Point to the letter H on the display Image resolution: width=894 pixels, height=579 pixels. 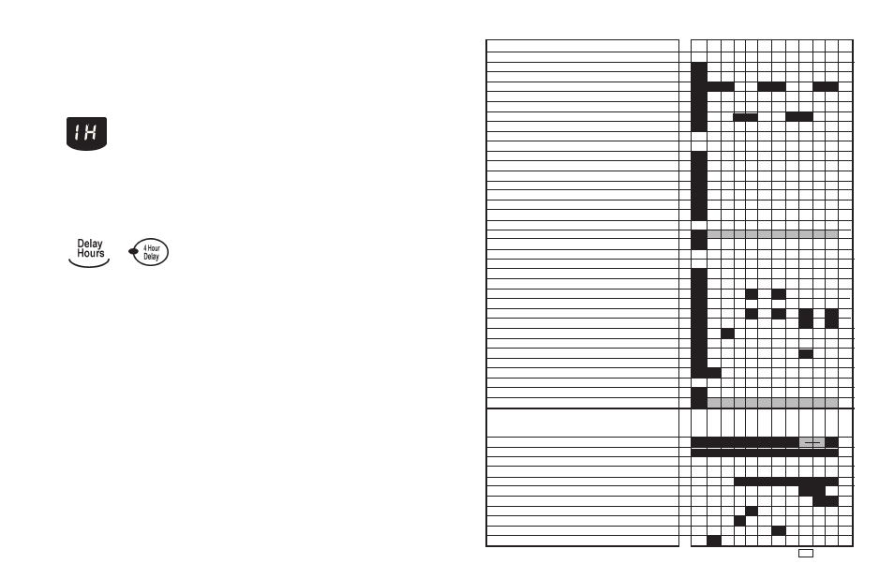(x=93, y=131)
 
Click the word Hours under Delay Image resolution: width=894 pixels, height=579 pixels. (x=91, y=254)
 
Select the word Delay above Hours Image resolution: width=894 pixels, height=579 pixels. (x=90, y=245)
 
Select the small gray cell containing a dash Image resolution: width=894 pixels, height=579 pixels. (x=812, y=442)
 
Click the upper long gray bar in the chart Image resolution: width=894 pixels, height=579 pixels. (x=772, y=234)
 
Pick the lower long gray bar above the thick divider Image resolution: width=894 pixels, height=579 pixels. (x=772, y=403)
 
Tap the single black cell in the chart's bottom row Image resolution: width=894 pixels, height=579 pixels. (x=713, y=541)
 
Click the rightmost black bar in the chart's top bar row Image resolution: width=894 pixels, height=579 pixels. (x=826, y=86)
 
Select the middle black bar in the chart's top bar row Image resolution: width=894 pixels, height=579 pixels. (x=771, y=86)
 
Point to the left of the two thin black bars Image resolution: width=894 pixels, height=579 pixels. (x=745, y=116)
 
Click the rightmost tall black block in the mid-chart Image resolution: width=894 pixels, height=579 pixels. (x=831, y=318)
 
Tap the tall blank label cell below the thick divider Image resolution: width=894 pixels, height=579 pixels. (x=582, y=423)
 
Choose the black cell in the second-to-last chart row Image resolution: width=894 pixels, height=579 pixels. (x=778, y=531)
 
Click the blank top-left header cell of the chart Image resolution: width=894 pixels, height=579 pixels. (x=582, y=45)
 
